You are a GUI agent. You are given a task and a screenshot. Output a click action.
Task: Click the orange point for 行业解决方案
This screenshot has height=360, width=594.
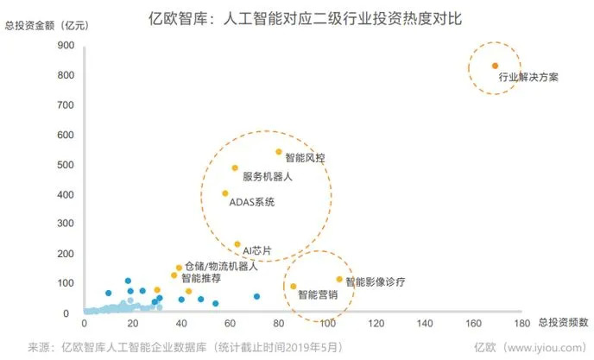coord(495,66)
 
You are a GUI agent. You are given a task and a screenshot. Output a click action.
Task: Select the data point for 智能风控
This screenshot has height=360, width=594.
coord(279,152)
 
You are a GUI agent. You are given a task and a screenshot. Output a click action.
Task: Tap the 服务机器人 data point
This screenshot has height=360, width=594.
coord(235,168)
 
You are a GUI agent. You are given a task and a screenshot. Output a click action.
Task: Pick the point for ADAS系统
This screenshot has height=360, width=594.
coord(225,193)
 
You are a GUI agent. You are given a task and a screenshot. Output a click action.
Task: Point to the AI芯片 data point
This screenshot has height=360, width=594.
coord(237,244)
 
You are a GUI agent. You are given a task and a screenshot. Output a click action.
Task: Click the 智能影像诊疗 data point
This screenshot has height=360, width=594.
coord(339,279)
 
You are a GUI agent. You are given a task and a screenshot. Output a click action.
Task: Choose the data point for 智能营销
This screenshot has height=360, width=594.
coord(293,287)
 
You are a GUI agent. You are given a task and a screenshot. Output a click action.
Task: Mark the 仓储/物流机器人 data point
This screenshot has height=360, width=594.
coord(179,268)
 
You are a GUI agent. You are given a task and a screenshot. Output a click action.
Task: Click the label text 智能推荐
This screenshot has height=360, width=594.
coord(200,279)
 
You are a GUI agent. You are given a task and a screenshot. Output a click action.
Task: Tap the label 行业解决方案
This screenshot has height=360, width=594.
coord(528,78)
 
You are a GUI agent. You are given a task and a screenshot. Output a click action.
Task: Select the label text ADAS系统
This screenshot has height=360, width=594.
coord(252,202)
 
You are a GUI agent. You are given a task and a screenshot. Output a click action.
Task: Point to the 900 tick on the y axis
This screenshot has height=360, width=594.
coord(66,46)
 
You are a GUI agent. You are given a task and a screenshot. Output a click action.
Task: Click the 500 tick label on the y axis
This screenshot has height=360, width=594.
coord(66,165)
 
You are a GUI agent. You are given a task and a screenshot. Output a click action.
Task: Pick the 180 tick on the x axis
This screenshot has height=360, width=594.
coord(520,324)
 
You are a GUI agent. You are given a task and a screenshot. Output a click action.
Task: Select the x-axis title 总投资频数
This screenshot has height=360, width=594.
coord(563,324)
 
